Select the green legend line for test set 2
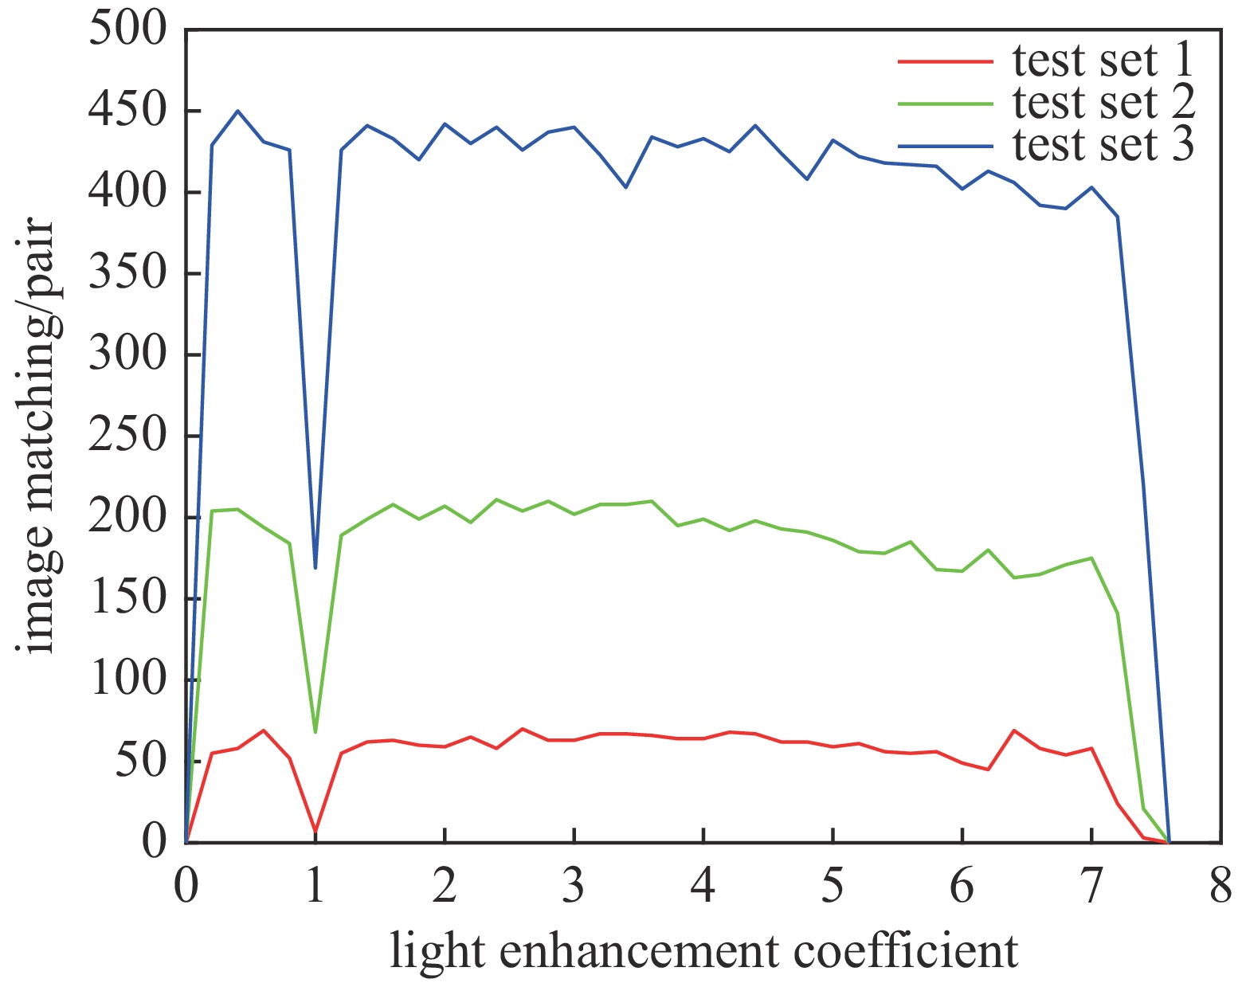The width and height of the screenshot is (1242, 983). click(x=946, y=104)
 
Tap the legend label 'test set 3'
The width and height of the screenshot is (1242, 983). click(x=1103, y=145)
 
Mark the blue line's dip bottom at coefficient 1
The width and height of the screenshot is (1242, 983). click(x=315, y=567)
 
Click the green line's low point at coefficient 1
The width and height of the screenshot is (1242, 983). click(x=315, y=731)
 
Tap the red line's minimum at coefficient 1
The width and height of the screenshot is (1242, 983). click(x=315, y=832)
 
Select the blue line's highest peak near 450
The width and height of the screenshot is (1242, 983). click(x=237, y=112)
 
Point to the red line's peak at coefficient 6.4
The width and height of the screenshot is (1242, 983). click(x=1013, y=730)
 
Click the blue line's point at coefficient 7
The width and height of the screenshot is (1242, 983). click(x=1091, y=187)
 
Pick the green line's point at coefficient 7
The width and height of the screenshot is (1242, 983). click(x=1091, y=558)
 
